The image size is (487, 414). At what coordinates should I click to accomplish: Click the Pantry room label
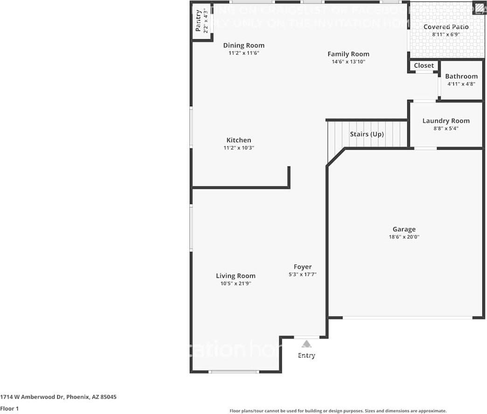click(x=198, y=21)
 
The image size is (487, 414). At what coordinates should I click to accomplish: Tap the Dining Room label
click(x=243, y=45)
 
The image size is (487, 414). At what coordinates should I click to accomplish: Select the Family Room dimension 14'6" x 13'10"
click(x=348, y=62)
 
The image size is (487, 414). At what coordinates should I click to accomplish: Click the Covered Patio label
click(x=446, y=27)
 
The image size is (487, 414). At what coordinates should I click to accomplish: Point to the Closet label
click(x=424, y=66)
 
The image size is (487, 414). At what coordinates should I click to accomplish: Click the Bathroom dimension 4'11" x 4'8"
click(x=461, y=84)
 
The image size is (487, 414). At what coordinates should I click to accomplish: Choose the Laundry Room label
click(x=446, y=121)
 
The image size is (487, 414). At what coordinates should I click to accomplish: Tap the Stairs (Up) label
click(x=367, y=134)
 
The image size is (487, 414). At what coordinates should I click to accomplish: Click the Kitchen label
click(x=239, y=140)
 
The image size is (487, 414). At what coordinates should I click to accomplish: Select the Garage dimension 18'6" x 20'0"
click(x=404, y=237)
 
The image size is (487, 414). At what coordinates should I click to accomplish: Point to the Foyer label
click(x=303, y=267)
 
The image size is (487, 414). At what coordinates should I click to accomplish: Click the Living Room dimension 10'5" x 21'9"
click(x=236, y=283)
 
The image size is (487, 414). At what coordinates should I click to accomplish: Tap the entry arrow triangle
click(x=306, y=344)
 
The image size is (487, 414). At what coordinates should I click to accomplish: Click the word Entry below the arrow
click(x=306, y=356)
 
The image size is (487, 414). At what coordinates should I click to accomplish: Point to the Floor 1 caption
click(x=10, y=409)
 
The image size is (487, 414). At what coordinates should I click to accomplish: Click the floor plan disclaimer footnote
click(x=338, y=411)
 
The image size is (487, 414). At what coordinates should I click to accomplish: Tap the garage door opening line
click(x=407, y=318)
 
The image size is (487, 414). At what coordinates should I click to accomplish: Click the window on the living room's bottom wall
click(x=234, y=372)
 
